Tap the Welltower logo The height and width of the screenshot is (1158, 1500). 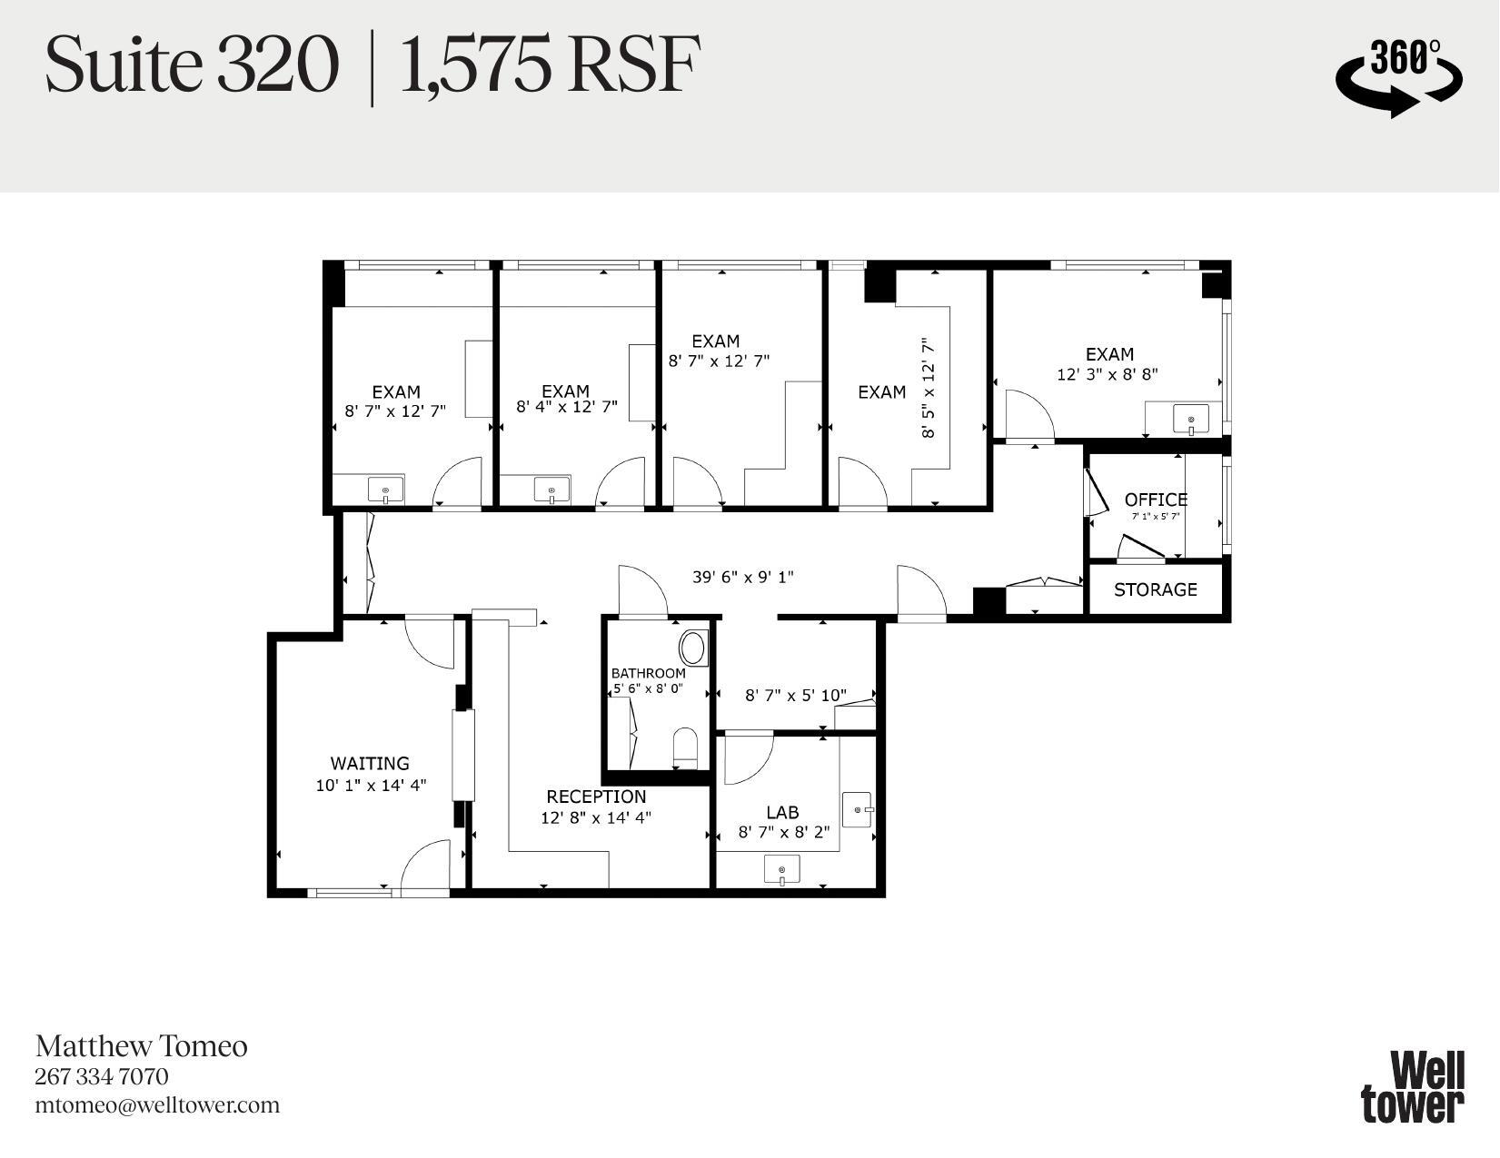pyautogui.click(x=1413, y=1086)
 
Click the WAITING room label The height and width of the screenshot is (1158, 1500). pyautogui.click(x=369, y=764)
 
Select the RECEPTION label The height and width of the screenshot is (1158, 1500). pyautogui.click(x=596, y=797)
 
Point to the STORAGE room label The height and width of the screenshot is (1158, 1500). pyautogui.click(x=1155, y=589)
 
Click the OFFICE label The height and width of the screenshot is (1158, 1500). pyautogui.click(x=1156, y=500)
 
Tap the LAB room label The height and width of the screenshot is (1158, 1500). pyautogui.click(x=782, y=812)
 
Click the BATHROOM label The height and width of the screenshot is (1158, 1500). pyautogui.click(x=648, y=673)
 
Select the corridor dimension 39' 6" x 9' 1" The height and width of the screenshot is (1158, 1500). pyautogui.click(x=742, y=577)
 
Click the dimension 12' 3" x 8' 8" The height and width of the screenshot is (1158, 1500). pyautogui.click(x=1107, y=374)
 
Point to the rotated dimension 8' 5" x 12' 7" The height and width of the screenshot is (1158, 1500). pyautogui.click(x=928, y=388)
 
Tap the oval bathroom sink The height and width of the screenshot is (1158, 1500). pyautogui.click(x=692, y=648)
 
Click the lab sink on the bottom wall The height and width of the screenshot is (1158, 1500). pyautogui.click(x=781, y=870)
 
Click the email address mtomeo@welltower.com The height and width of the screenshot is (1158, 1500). pyautogui.click(x=157, y=1105)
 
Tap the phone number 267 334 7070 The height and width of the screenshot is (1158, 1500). pyautogui.click(x=102, y=1076)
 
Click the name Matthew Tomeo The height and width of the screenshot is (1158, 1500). pyautogui.click(x=141, y=1046)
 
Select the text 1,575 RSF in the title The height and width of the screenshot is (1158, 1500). pyautogui.click(x=550, y=65)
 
